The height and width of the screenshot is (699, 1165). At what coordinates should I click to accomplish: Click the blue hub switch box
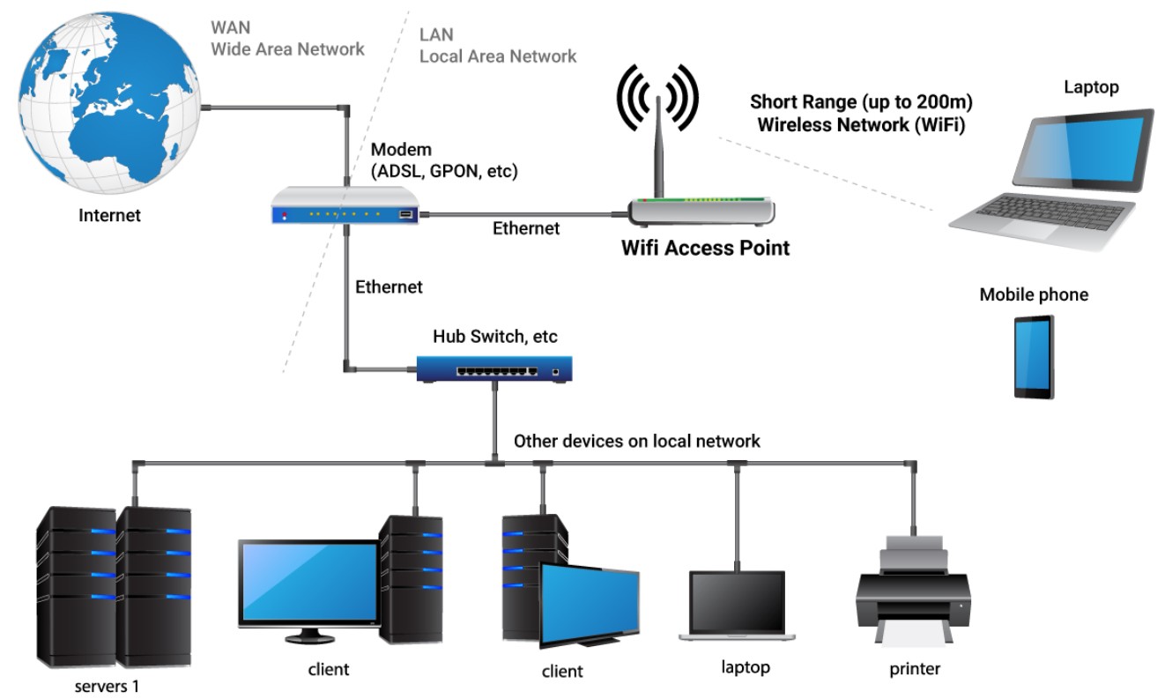tap(494, 368)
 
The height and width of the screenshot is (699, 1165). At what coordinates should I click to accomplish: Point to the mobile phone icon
tap(1033, 357)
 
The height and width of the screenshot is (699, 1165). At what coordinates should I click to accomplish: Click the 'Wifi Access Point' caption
tap(705, 248)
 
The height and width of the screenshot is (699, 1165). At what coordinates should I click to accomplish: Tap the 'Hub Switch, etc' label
tap(494, 337)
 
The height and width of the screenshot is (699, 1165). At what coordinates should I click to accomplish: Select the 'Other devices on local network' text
tap(636, 441)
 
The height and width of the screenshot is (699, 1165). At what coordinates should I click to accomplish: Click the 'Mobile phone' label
tap(1034, 294)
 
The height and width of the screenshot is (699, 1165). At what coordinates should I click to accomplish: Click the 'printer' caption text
tap(914, 668)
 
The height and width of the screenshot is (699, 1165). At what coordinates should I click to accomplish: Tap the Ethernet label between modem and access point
tap(525, 228)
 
